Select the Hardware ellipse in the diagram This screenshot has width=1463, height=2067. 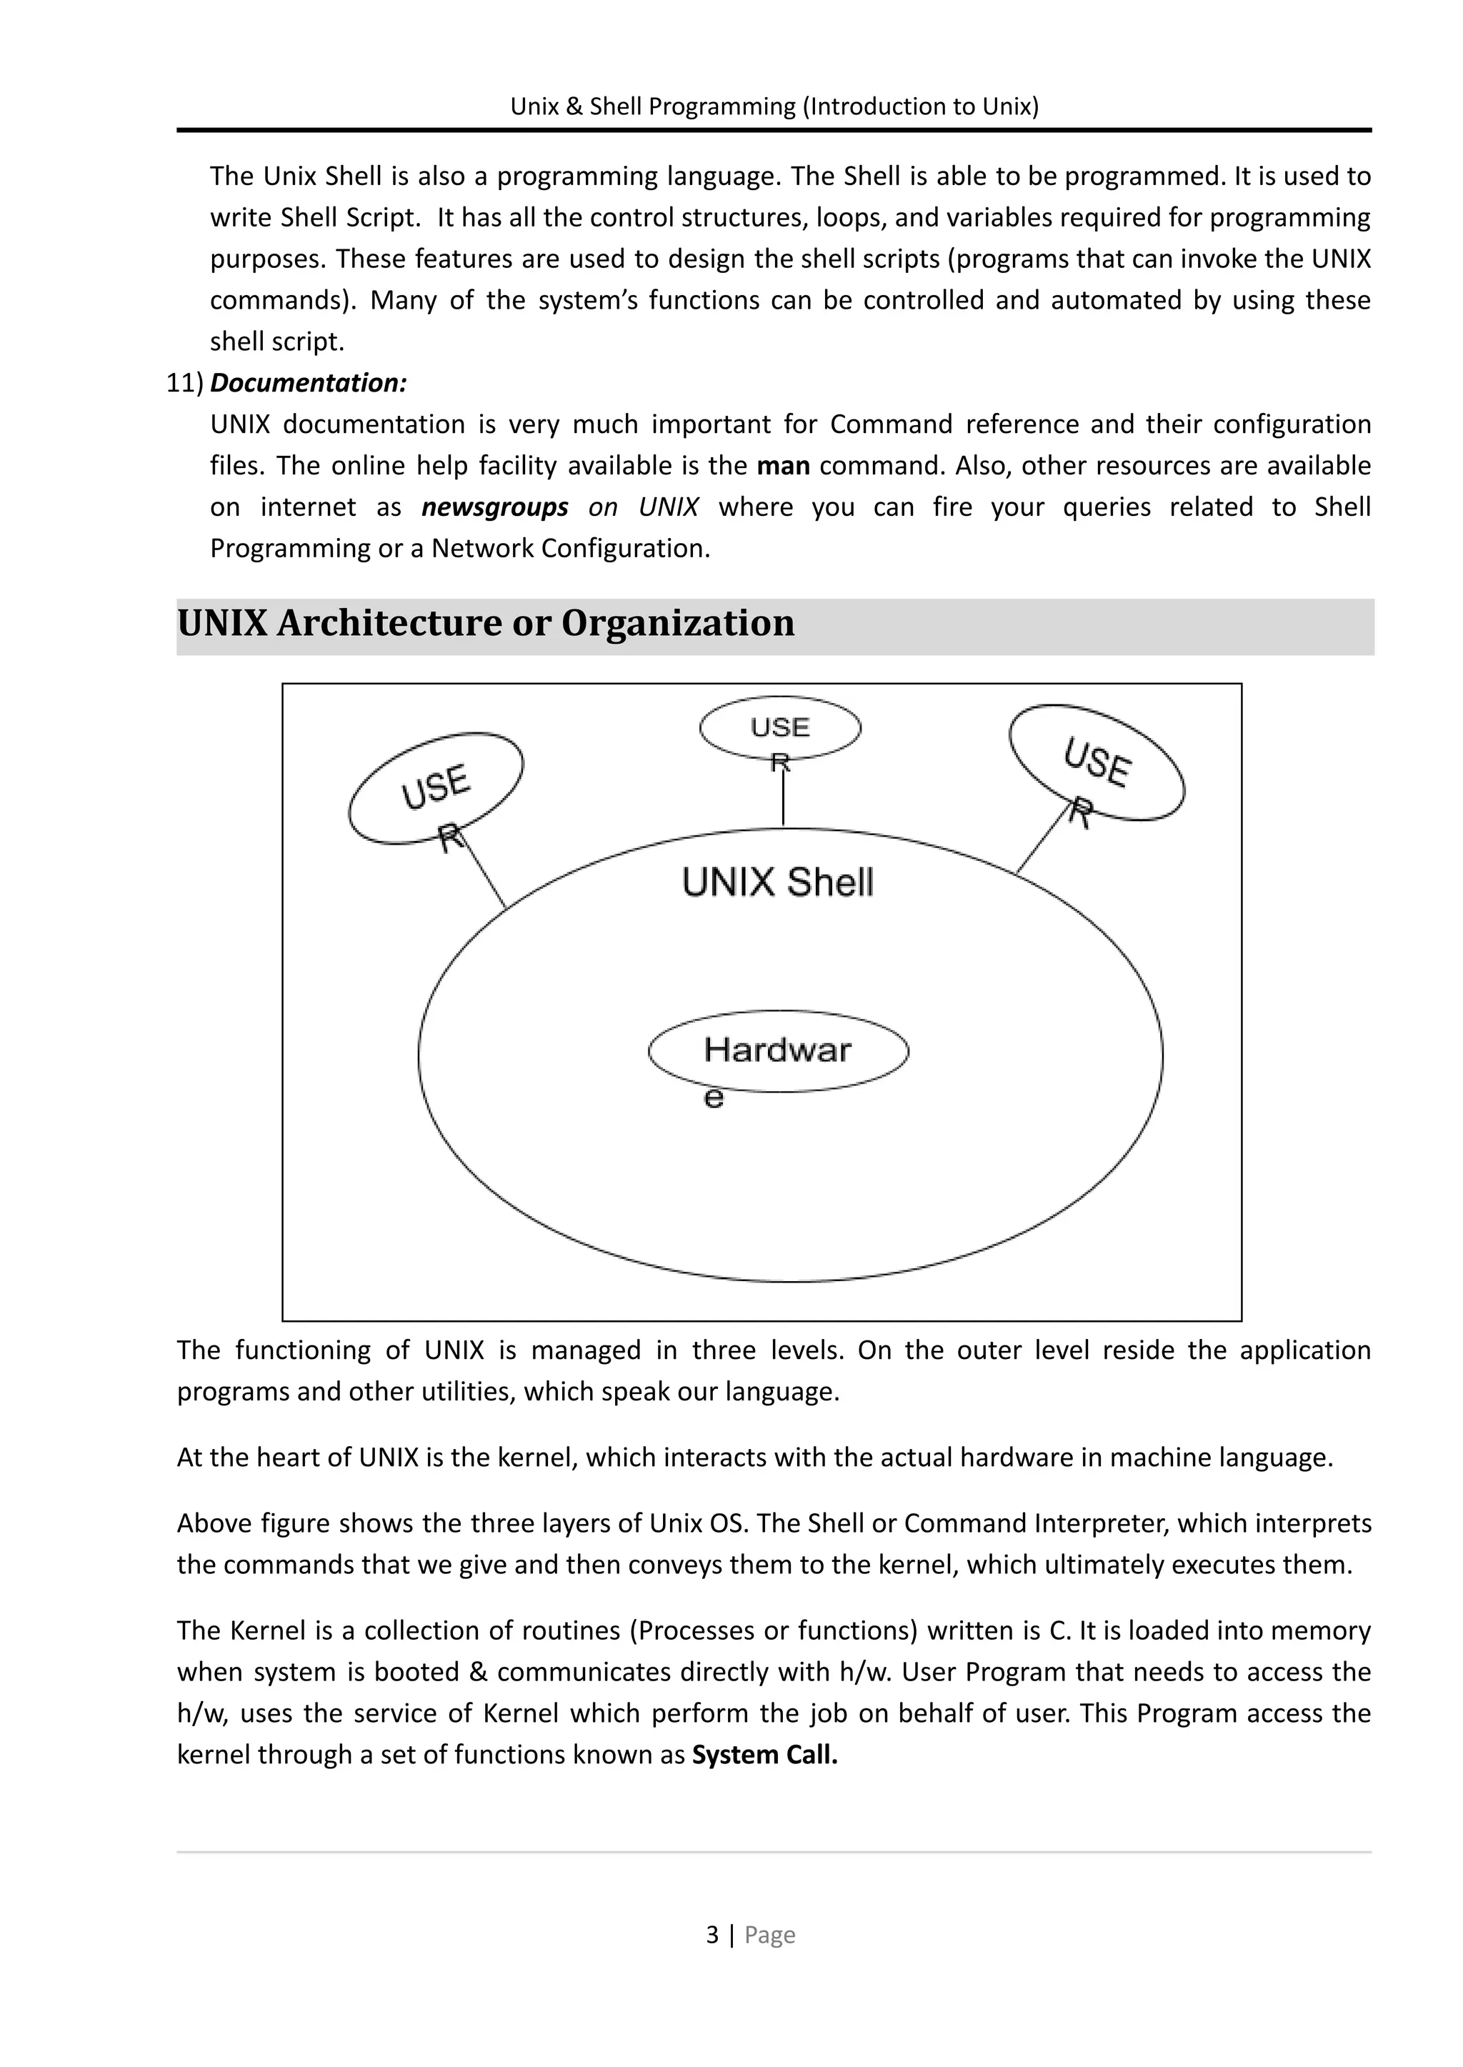pos(779,1052)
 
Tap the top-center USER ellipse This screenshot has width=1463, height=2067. pos(780,728)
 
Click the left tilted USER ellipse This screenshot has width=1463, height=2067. pos(436,787)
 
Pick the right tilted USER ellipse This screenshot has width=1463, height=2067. pos(1097,763)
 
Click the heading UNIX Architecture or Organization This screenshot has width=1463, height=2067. pos(486,624)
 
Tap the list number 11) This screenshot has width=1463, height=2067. pos(185,384)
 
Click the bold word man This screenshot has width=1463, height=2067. pos(783,466)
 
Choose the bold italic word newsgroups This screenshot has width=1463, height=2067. pos(494,507)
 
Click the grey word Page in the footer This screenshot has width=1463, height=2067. pos(769,1936)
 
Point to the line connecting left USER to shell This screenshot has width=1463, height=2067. pos(484,870)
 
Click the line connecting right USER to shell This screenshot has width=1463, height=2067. pos(1042,839)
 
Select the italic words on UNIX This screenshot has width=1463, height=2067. pos(643,507)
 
